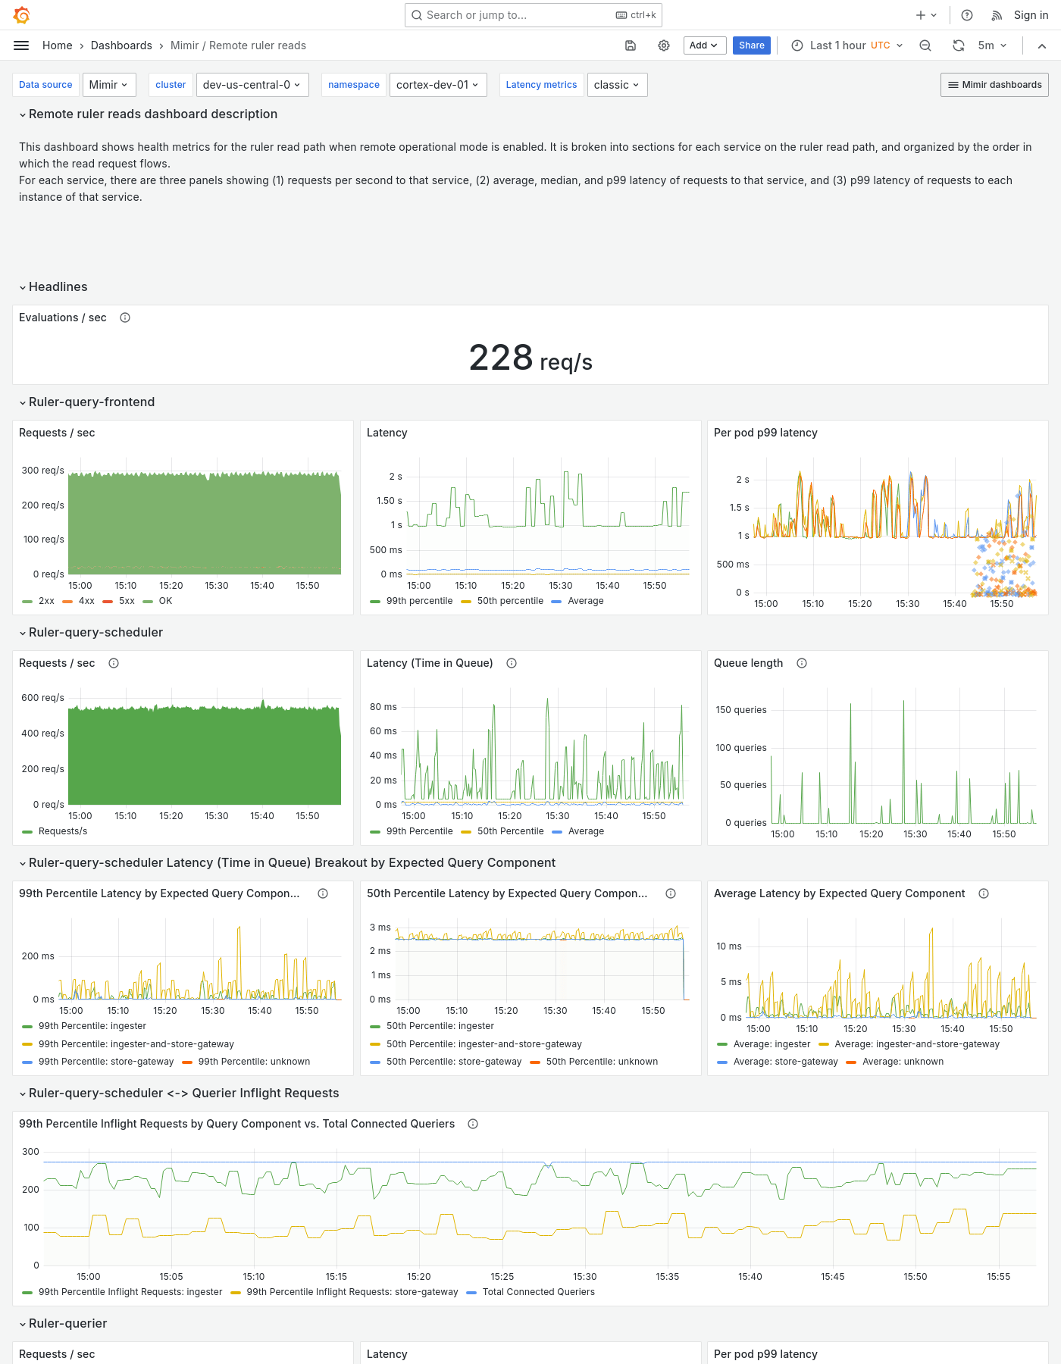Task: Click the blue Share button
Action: (x=751, y=45)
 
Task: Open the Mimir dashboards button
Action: (x=994, y=85)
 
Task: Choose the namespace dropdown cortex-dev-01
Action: (x=437, y=85)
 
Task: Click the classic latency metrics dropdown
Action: (x=616, y=85)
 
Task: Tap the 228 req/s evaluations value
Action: (x=530, y=358)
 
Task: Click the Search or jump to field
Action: (x=515, y=15)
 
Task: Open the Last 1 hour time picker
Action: (x=847, y=45)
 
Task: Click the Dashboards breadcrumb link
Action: (x=121, y=45)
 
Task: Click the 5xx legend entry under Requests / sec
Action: (x=126, y=601)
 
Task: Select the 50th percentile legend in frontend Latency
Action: (x=509, y=601)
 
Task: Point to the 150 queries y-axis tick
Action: (x=740, y=710)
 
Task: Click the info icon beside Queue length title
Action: (x=802, y=663)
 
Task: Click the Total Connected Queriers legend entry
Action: (x=537, y=1292)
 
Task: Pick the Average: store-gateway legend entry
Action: (x=785, y=1062)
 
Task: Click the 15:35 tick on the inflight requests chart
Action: (x=667, y=1277)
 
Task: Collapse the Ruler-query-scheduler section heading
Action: (x=95, y=632)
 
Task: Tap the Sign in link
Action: (x=1031, y=15)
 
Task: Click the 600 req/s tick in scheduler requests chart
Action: (x=42, y=698)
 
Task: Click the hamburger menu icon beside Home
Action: (x=21, y=45)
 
